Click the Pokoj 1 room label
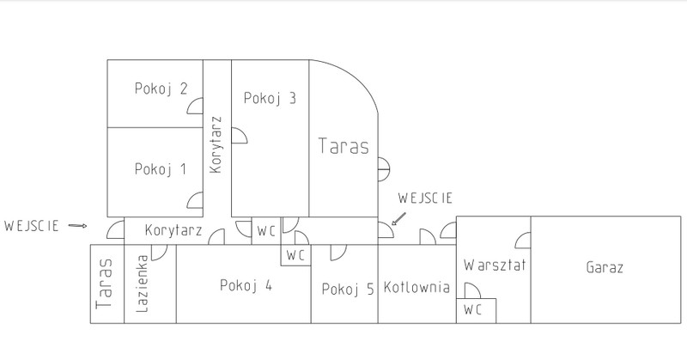161,169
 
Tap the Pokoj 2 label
161,88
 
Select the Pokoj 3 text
270,98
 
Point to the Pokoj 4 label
246,285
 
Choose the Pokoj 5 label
348,289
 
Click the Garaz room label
605,267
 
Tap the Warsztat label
495,265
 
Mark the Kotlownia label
416,287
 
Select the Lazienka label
142,284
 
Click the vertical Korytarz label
216,144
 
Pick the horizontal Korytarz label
173,230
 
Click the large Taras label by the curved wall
343,146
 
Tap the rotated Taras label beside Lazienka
104,284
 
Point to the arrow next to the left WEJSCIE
78,226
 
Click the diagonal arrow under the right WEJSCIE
398,219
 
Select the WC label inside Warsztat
473,310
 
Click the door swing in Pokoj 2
195,107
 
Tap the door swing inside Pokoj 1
195,200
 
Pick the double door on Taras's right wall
384,169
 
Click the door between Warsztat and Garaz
523,241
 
